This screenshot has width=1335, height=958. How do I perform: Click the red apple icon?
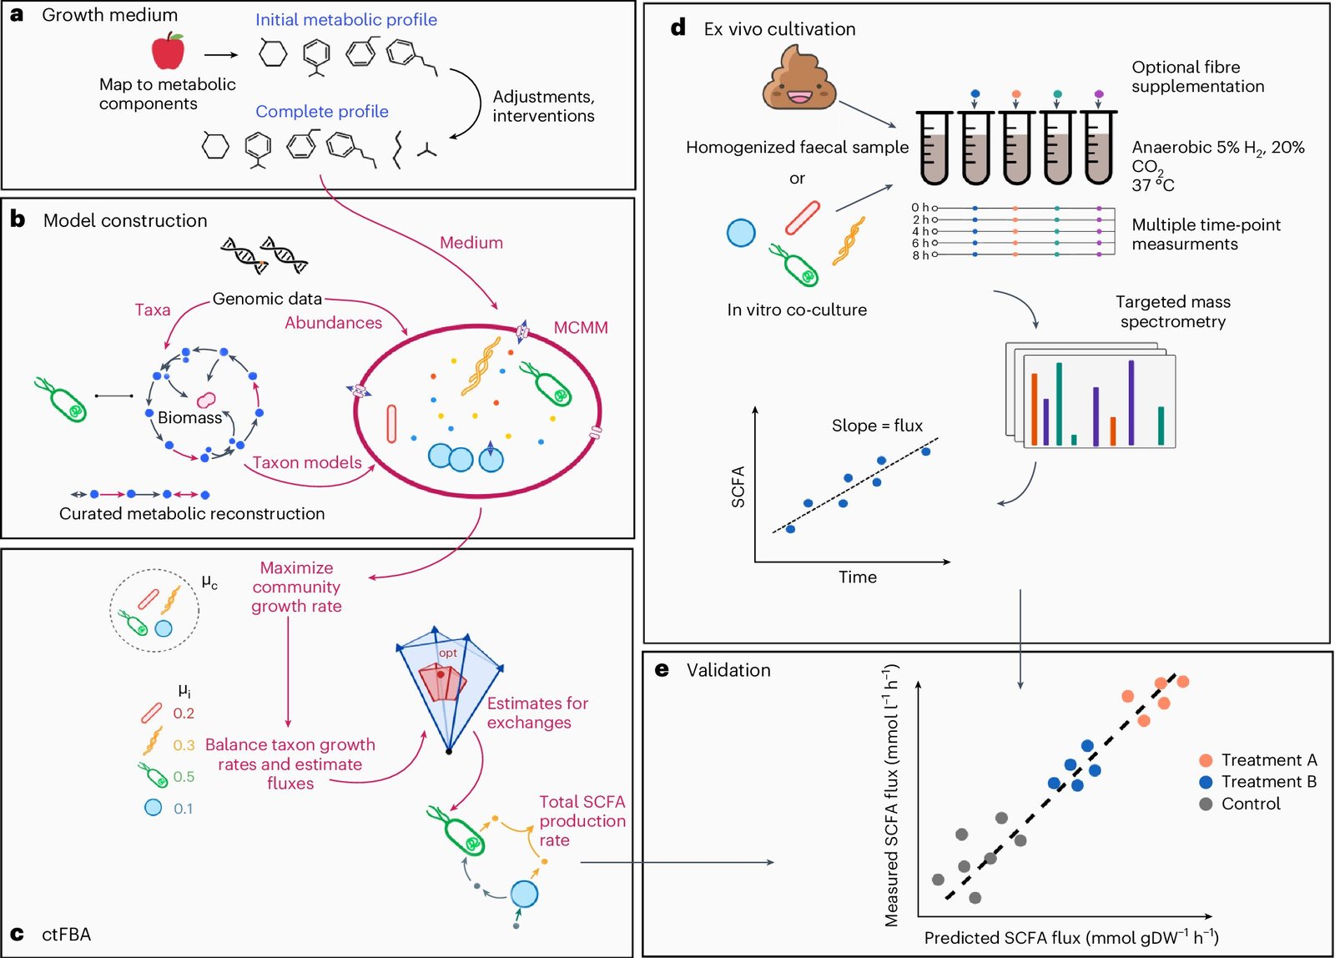(168, 51)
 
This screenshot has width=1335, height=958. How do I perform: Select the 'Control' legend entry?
(1250, 804)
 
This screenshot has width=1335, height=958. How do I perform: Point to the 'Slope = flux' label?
(877, 426)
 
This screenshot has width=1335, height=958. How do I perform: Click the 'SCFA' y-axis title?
(738, 487)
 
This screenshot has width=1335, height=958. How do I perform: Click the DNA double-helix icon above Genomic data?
(264, 255)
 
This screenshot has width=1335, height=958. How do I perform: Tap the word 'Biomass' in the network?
(189, 417)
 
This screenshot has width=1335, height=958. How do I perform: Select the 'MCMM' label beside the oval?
(581, 328)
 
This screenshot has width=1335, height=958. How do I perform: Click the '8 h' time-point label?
(919, 255)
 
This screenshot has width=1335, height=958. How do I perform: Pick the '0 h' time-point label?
(919, 208)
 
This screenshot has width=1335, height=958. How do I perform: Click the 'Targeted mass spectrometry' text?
(1172, 311)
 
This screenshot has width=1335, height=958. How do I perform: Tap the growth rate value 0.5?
(184, 777)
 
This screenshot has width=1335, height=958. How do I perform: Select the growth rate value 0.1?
(183, 809)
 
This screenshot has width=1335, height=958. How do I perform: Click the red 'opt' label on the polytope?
(448, 653)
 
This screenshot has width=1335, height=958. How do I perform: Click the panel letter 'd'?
(678, 28)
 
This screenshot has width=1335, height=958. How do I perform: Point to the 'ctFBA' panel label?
(66, 935)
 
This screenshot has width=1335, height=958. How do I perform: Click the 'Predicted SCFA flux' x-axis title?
(1071, 938)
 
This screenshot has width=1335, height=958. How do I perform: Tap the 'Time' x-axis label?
(857, 577)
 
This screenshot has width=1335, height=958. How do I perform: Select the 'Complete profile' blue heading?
(321, 112)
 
